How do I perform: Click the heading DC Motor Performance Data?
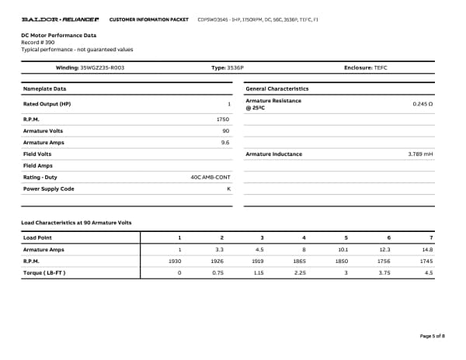[59, 35]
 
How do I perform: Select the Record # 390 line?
[38, 42]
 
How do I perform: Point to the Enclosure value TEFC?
[380, 68]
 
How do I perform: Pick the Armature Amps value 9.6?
[225, 143]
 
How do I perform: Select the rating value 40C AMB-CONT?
[210, 177]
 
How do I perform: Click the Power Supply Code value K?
[228, 189]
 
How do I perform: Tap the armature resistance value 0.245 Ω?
[422, 104]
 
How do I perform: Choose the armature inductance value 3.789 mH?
[420, 154]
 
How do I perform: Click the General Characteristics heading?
[276, 88]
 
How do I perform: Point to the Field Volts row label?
[38, 154]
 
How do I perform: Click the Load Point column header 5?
[346, 237]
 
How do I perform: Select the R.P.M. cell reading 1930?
[175, 261]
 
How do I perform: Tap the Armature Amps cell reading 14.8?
[426, 249]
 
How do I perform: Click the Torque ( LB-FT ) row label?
[44, 273]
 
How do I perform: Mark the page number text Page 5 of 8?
[432, 336]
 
